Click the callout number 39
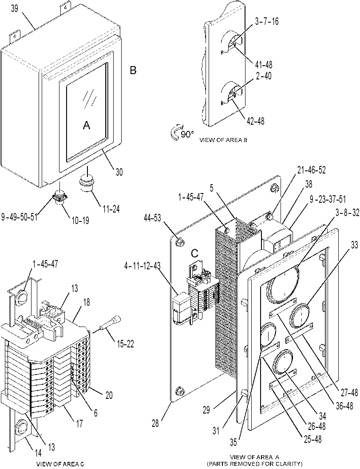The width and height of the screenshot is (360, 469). tap(15, 9)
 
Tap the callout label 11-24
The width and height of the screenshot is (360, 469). tap(110, 209)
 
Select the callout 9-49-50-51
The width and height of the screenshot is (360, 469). tap(20, 217)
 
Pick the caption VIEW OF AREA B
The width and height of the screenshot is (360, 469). tap(223, 140)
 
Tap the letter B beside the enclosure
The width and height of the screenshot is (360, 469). tap(133, 71)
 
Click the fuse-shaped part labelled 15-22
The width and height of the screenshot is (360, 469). tap(110, 324)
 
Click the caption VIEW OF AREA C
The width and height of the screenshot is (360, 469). tap(60, 464)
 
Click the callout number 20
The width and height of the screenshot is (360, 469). tap(109, 395)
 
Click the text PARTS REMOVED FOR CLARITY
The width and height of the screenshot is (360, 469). tap(255, 463)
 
